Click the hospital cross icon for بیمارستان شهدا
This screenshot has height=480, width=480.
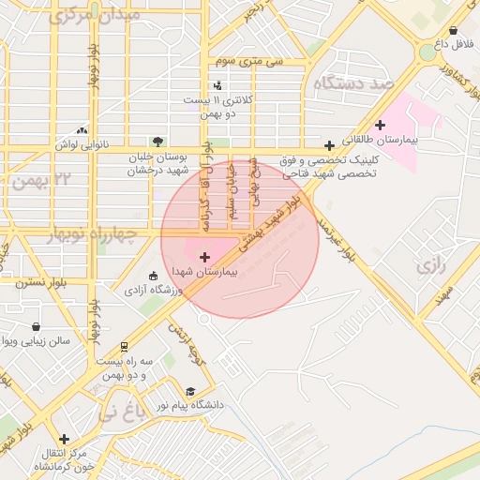204,256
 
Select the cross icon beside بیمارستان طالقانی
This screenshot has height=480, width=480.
380,125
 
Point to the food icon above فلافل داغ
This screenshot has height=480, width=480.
454,30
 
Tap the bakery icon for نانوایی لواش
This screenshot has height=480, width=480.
82,131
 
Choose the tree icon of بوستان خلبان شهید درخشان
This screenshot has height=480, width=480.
156,142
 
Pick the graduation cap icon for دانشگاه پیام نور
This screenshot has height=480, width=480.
190,392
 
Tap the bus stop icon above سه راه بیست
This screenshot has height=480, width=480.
125,347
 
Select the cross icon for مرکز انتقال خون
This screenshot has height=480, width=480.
64,439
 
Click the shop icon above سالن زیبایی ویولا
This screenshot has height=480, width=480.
36,327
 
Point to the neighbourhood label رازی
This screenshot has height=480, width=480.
428,266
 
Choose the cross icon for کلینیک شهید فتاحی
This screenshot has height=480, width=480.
329,145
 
